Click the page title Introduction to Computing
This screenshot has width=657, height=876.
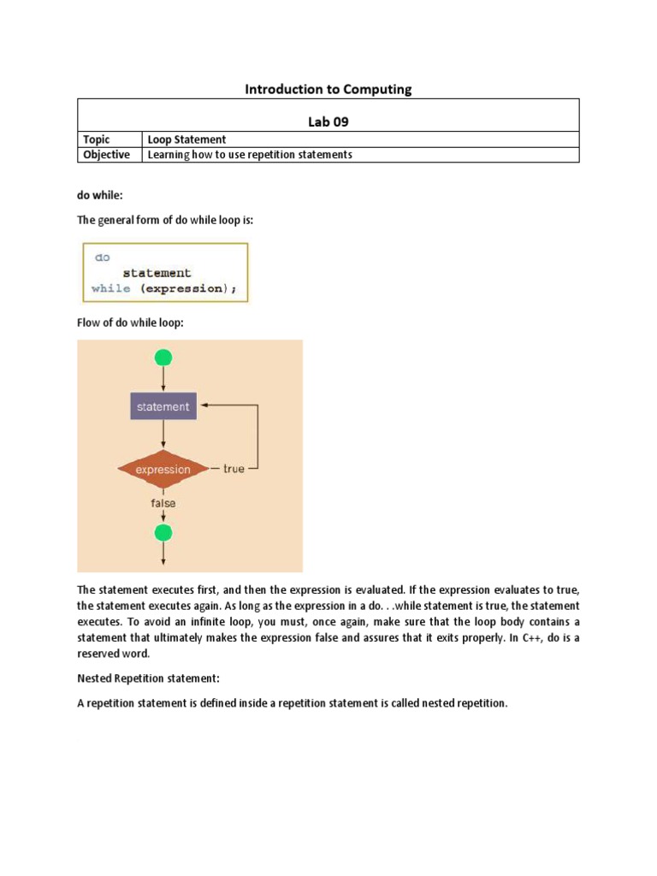coord(328,89)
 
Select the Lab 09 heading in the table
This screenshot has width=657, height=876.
coord(328,121)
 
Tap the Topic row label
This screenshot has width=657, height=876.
coord(96,139)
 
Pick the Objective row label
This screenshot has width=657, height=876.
coord(106,155)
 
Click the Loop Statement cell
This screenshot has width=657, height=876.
coord(186,139)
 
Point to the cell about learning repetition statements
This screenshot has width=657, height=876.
coord(250,155)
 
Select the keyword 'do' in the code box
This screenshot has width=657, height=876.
coord(102,257)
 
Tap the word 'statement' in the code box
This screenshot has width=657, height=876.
coord(157,273)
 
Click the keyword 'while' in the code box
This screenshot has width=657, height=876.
coord(111,289)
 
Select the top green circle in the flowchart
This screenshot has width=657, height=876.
coord(163,358)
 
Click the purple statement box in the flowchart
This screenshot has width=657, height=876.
coord(163,406)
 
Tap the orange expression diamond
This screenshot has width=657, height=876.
coord(163,469)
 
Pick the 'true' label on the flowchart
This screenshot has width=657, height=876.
coord(234,469)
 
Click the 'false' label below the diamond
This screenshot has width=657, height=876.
coord(163,503)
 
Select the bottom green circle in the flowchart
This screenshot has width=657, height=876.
coord(163,533)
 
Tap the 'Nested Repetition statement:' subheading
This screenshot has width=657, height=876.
coord(149,678)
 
